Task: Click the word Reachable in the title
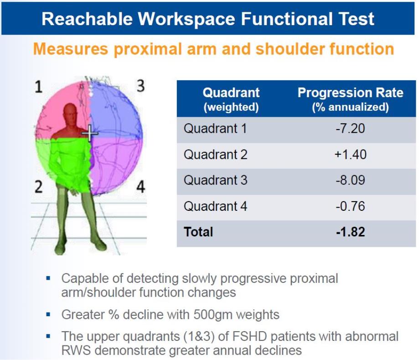[87, 19]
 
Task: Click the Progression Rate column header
[350, 99]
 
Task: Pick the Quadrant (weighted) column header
[231, 99]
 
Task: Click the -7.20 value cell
[350, 129]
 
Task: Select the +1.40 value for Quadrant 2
[350, 155]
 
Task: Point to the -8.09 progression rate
[350, 180]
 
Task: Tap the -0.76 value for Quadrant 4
[350, 206]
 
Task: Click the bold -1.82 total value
[350, 232]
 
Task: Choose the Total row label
[198, 232]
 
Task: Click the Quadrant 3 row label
[215, 180]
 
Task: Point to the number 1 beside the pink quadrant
[39, 87]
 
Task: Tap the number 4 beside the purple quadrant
[141, 187]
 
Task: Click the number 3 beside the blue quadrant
[141, 86]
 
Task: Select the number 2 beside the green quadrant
[38, 187]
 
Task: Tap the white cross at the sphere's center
[90, 133]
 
